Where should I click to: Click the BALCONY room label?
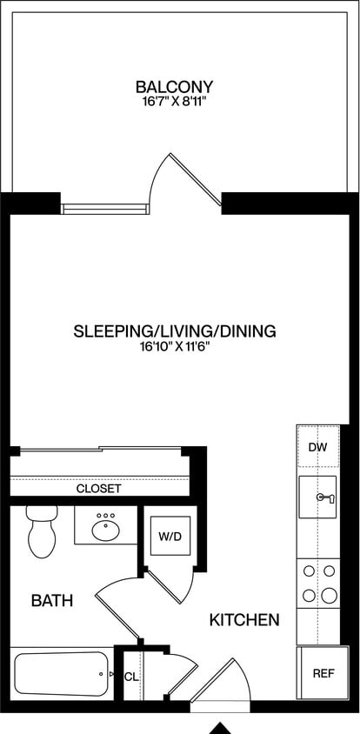coord(174,87)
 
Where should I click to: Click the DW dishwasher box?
coord(317,446)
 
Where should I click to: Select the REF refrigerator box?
coord(323,673)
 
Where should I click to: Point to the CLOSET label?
coord(98,489)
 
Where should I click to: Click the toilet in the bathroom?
coord(41,531)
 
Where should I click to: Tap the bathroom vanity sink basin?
coord(106,526)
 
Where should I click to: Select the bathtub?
coord(61,674)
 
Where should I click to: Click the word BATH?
coord(51,600)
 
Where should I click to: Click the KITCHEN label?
coord(244,620)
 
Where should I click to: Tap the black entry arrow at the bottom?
coord(222,727)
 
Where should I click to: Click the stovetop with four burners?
coord(318,584)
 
